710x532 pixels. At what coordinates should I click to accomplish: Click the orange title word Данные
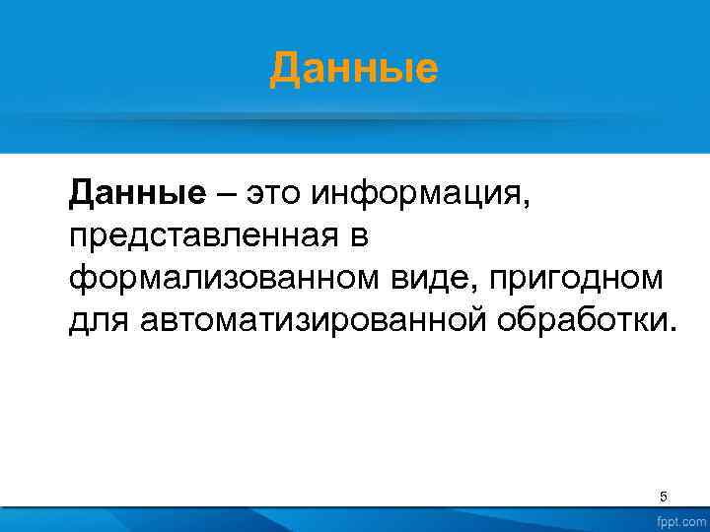tap(354, 69)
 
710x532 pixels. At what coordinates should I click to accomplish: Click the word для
tap(98, 321)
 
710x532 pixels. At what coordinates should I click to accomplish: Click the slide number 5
tap(663, 496)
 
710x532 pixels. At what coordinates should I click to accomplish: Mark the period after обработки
tap(674, 330)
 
